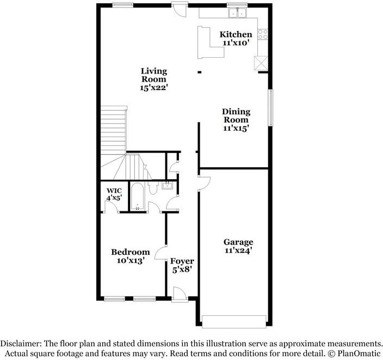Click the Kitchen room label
tap(236, 35)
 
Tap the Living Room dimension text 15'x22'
tap(153, 88)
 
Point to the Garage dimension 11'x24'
tap(238, 251)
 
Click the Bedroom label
tap(130, 252)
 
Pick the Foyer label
tap(182, 262)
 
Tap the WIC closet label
tap(114, 191)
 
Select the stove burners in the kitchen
tap(263, 35)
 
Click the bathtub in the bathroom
tap(137, 197)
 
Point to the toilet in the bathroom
tap(153, 188)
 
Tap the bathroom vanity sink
tap(167, 186)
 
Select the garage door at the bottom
tap(235, 322)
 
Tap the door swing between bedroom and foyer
tap(160, 254)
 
